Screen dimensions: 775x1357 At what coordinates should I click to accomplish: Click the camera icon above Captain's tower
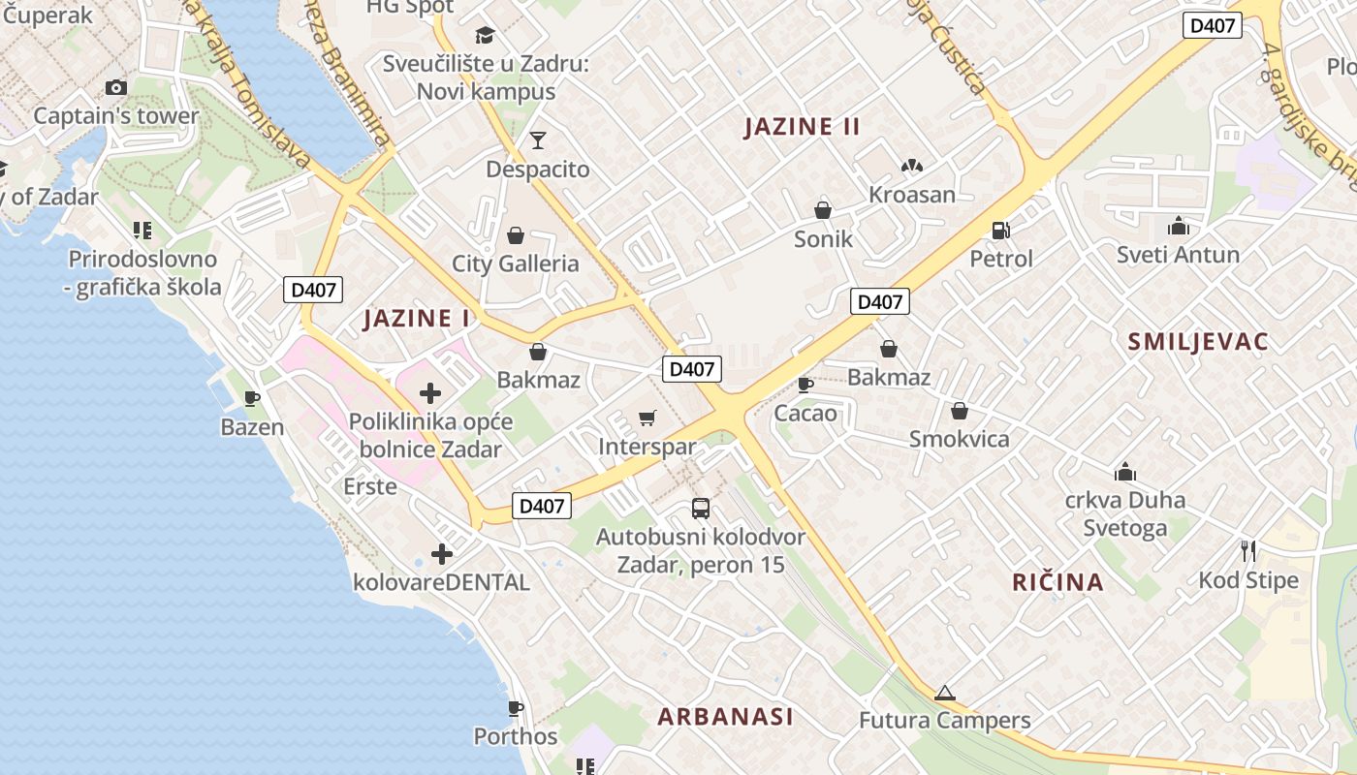pyautogui.click(x=116, y=88)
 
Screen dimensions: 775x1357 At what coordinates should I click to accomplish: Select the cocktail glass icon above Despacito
pyautogui.click(x=538, y=141)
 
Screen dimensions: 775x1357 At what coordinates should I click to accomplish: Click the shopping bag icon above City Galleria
pyautogui.click(x=516, y=235)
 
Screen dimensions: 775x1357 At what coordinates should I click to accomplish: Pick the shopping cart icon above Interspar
pyautogui.click(x=647, y=418)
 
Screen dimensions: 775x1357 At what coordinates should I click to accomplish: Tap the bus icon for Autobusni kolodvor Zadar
pyautogui.click(x=700, y=508)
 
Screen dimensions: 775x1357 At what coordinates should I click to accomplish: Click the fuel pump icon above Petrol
pyautogui.click(x=1000, y=231)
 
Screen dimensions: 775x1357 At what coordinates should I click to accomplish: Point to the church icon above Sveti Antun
pyautogui.click(x=1179, y=227)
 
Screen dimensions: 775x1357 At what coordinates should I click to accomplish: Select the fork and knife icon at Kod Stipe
pyautogui.click(x=1248, y=551)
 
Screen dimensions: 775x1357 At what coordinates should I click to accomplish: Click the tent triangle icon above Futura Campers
pyautogui.click(x=945, y=693)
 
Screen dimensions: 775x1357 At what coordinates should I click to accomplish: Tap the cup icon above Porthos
pyautogui.click(x=516, y=708)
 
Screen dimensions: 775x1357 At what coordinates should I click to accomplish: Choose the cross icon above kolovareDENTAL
pyautogui.click(x=442, y=554)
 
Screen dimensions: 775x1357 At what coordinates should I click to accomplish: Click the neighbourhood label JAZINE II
pyautogui.click(x=802, y=127)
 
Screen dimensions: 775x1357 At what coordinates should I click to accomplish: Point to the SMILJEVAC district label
pyautogui.click(x=1198, y=341)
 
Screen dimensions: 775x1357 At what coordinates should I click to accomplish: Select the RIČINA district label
pyautogui.click(x=1057, y=582)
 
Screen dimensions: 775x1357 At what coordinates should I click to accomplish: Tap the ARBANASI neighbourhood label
pyautogui.click(x=725, y=717)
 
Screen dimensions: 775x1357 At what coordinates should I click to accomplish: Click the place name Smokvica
pyautogui.click(x=959, y=439)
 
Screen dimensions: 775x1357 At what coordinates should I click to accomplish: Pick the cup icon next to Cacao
pyautogui.click(x=805, y=385)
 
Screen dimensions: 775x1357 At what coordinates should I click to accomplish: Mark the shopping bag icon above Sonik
pyautogui.click(x=823, y=210)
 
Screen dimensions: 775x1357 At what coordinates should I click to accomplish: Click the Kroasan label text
pyautogui.click(x=911, y=195)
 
